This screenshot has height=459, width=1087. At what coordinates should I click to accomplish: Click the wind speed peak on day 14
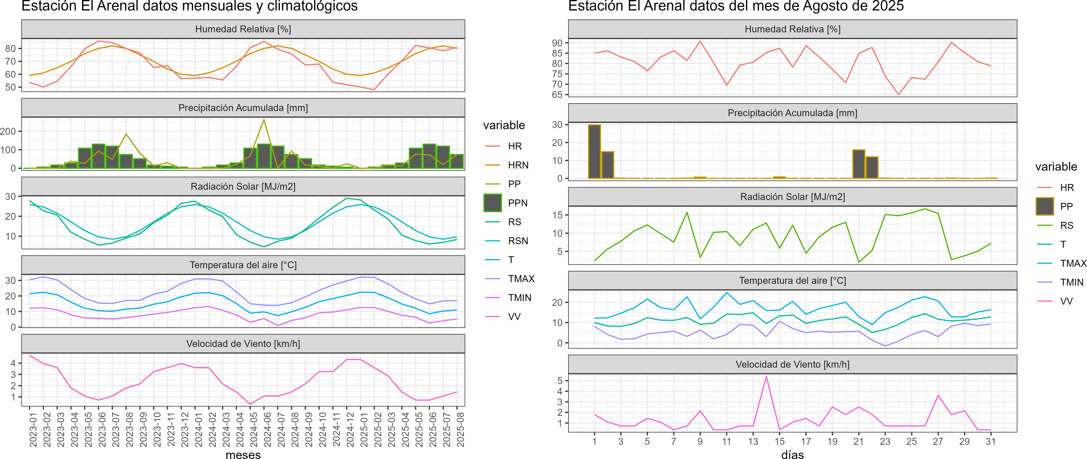click(x=766, y=376)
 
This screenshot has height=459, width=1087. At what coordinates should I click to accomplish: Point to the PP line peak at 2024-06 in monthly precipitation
click(x=264, y=120)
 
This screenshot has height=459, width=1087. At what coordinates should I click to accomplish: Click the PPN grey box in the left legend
click(x=492, y=203)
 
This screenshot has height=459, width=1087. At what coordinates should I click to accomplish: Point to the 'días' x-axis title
click(x=792, y=454)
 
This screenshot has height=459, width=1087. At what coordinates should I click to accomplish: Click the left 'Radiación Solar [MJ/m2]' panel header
click(x=243, y=186)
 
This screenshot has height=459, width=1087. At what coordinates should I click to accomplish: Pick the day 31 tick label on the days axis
click(x=990, y=441)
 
